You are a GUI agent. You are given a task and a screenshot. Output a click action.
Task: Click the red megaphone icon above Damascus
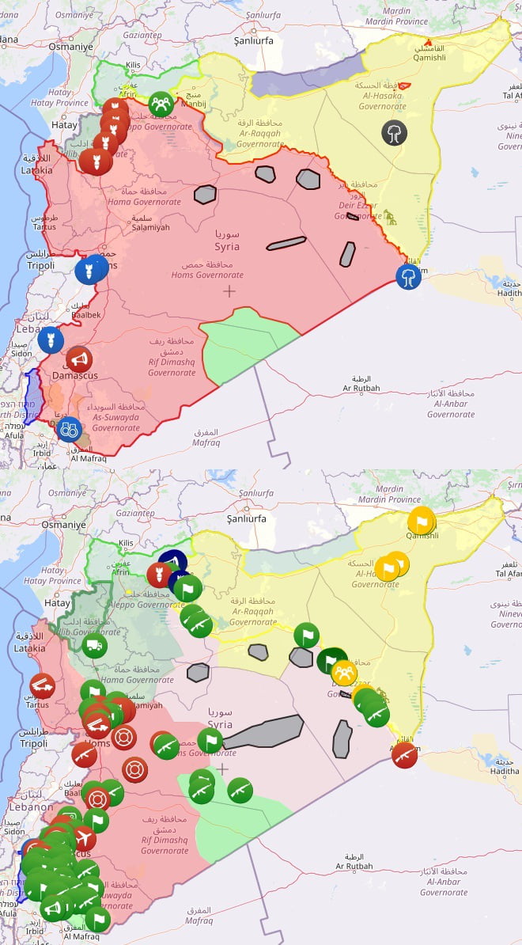click(78, 359)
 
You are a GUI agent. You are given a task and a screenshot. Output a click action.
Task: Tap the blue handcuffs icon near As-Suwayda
click(69, 429)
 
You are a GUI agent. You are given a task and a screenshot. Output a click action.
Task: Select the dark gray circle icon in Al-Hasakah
click(394, 132)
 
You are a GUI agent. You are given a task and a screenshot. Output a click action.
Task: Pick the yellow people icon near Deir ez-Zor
click(344, 672)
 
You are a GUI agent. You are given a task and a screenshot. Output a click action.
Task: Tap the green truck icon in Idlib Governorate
click(93, 645)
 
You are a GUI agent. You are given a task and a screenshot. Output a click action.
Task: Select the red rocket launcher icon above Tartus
click(42, 685)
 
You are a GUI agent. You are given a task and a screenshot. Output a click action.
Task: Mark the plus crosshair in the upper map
click(229, 291)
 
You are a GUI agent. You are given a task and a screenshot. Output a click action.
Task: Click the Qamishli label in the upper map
click(429, 57)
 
